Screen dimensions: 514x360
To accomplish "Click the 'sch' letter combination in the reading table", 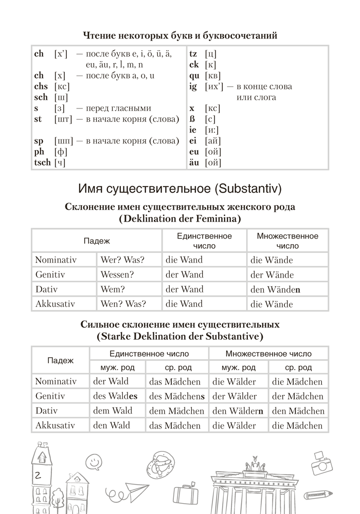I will coord(41,97).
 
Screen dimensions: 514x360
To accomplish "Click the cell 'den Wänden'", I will coord(275,289).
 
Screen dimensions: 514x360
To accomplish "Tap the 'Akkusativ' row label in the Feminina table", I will coord(55,304).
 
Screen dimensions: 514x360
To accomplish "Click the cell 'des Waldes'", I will coord(115,396).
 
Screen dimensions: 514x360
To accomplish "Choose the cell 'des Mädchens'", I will coord(176,396).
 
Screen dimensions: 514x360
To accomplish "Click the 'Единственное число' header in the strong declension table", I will coord(149,354).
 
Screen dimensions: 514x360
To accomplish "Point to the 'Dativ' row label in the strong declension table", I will coord(48,410).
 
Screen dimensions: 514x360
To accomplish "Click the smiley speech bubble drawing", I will coord(93,461).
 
